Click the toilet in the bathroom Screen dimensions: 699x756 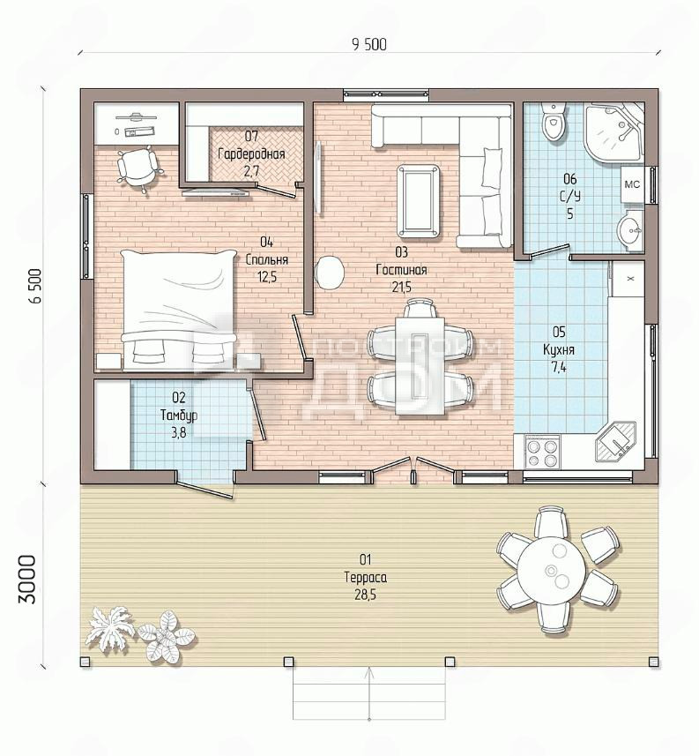click(554, 122)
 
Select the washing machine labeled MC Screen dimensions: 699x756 click(632, 184)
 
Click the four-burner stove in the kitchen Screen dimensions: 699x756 click(542, 452)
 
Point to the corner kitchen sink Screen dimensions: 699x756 click(616, 443)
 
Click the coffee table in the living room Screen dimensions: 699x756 click(418, 201)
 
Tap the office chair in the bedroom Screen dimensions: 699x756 click(138, 168)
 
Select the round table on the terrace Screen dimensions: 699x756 click(552, 568)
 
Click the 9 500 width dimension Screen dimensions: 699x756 click(369, 44)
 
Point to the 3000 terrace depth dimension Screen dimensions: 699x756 click(27, 579)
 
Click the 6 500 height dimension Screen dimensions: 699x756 click(35, 286)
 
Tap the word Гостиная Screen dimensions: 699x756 click(401, 270)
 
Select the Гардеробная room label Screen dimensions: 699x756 click(251, 154)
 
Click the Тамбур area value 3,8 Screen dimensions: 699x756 click(179, 432)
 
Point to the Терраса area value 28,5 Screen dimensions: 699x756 click(365, 595)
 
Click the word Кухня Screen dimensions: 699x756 click(559, 349)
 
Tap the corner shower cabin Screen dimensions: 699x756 click(614, 132)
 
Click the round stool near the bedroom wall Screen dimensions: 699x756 click(330, 273)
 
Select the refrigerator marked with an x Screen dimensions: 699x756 click(628, 279)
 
